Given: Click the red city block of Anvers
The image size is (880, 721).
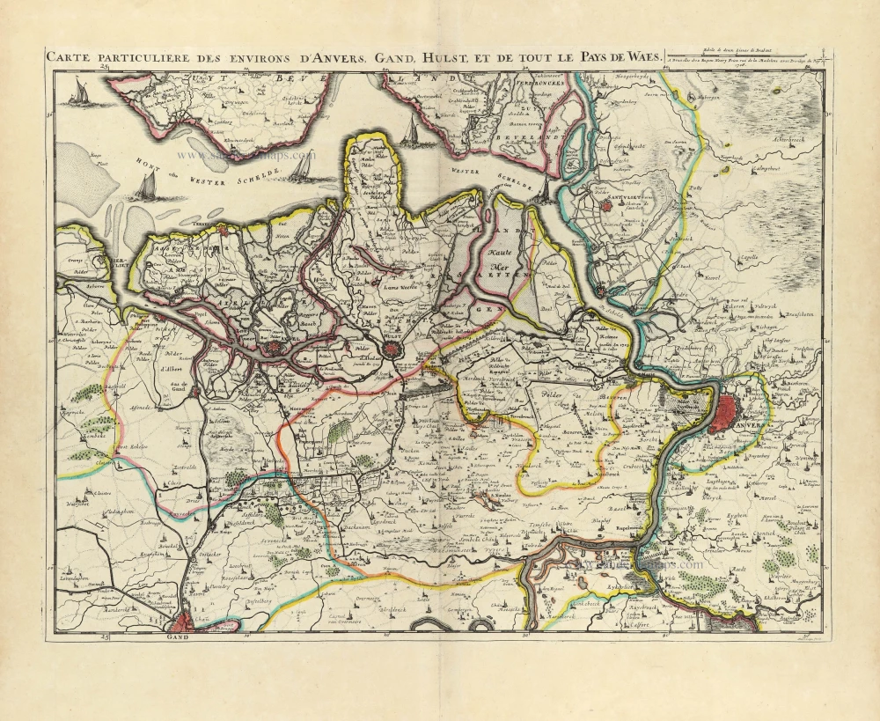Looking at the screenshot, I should coord(729,411).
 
